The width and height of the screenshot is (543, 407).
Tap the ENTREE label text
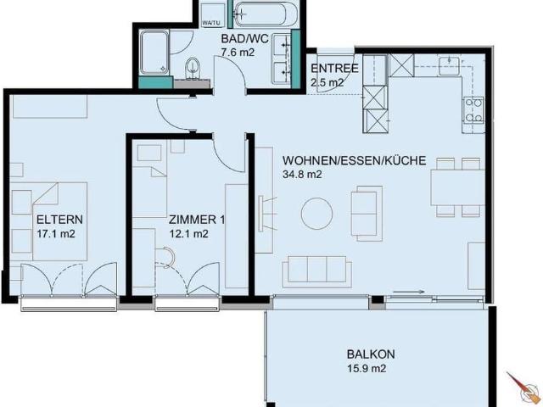click(x=333, y=69)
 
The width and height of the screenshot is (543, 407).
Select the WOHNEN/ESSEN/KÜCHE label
click(x=344, y=159)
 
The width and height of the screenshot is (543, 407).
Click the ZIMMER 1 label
click(x=197, y=220)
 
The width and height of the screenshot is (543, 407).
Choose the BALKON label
click(x=371, y=354)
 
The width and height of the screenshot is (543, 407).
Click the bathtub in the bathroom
click(x=262, y=14)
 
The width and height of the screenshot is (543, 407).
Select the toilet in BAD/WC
click(x=193, y=66)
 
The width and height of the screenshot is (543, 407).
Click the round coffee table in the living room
click(x=317, y=212)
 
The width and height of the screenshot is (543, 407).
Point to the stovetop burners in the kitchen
click(x=473, y=109)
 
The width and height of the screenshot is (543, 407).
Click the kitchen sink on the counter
click(x=450, y=65)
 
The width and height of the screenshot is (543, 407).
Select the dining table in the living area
click(x=456, y=188)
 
